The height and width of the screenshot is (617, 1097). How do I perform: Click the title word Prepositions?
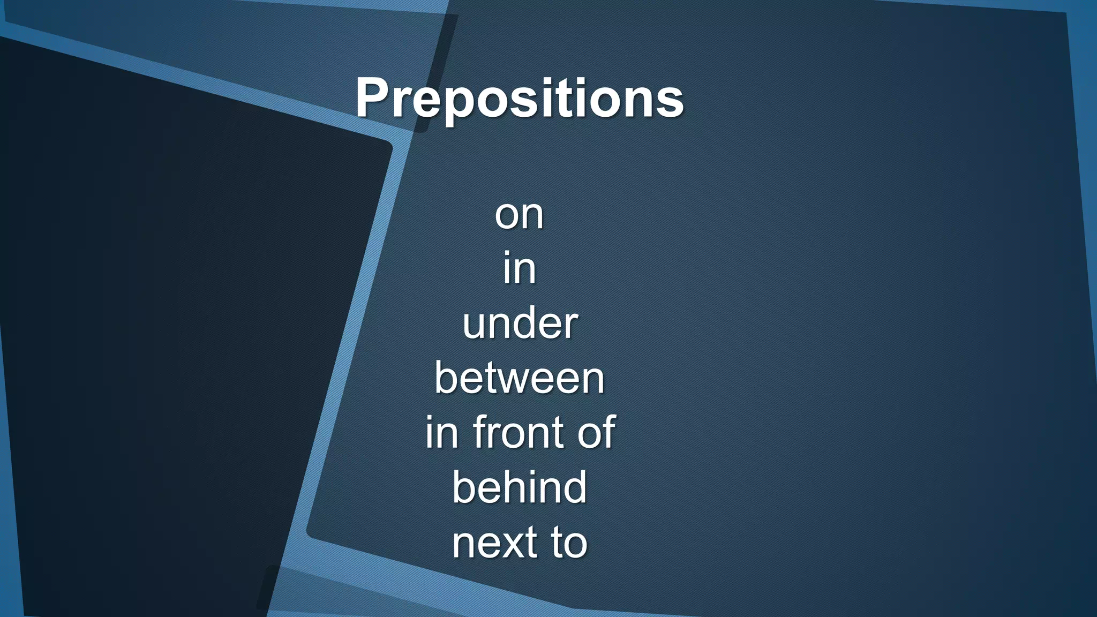(519, 99)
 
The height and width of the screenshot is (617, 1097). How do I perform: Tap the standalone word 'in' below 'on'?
(519, 268)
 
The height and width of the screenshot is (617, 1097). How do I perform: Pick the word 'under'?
(520, 323)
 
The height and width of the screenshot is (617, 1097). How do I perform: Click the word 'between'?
(519, 378)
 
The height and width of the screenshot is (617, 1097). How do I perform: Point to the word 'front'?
(518, 432)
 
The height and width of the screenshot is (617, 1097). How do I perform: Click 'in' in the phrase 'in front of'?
(442, 432)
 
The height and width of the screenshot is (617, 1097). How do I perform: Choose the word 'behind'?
(519, 487)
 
